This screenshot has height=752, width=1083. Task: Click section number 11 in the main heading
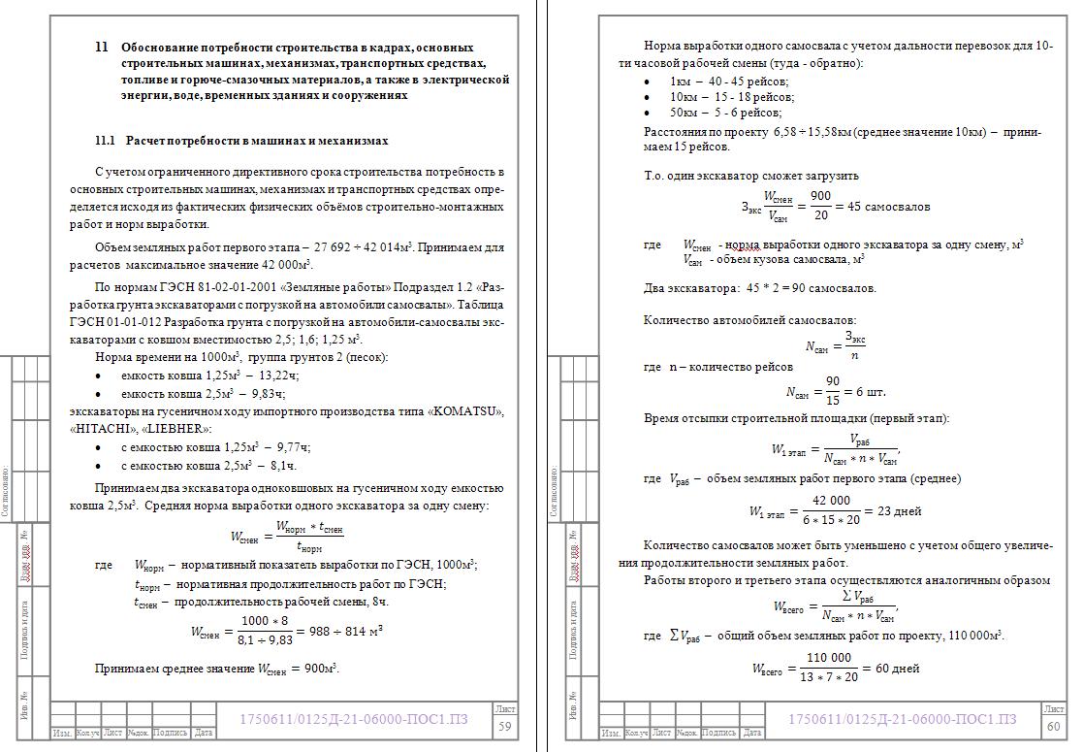102,47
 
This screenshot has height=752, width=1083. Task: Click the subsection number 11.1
105,141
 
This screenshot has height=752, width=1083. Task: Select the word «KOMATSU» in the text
471,412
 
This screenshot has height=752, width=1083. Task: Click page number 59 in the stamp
505,727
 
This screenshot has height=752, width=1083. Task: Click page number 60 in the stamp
1054,727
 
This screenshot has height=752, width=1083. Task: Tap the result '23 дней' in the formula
899,511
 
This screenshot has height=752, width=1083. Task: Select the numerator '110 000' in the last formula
829,658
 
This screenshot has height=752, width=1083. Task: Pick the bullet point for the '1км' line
648,82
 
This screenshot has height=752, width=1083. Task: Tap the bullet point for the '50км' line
648,114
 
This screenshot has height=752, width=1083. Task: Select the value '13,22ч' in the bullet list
279,376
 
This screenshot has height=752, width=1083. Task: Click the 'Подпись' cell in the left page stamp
171,734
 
